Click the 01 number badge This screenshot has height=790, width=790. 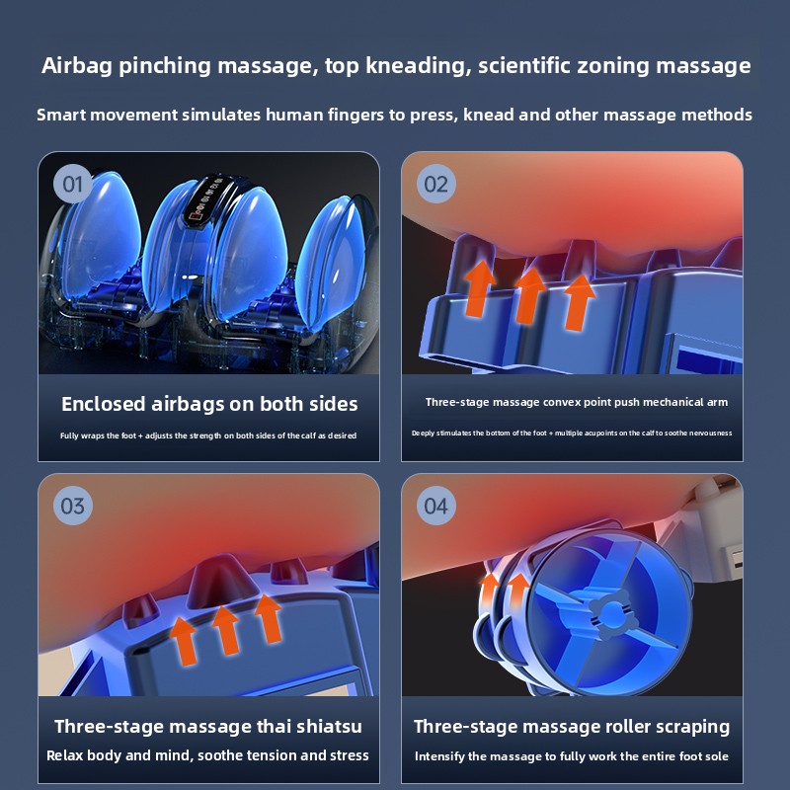tap(72, 184)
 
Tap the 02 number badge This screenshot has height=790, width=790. tap(435, 184)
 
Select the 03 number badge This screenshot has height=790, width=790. tap(72, 506)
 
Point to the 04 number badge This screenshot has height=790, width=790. tap(435, 506)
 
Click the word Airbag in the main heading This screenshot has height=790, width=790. tap(77, 66)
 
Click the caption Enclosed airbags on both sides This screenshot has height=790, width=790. tap(209, 404)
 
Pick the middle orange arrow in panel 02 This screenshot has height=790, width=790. tap(528, 294)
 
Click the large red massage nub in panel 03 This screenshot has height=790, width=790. tap(217, 580)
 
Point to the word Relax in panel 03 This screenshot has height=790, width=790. tap(65, 755)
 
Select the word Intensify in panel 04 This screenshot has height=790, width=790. tap(438, 756)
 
